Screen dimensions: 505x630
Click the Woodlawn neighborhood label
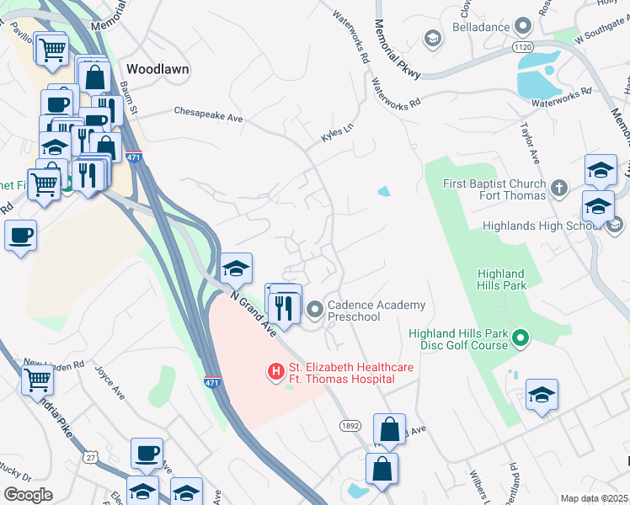(157, 68)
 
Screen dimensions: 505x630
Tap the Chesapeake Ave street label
(208, 114)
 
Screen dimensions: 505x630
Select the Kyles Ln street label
(334, 135)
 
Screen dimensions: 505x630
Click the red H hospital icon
(275, 371)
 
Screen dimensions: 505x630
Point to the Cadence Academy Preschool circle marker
(315, 311)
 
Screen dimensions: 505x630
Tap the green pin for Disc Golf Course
(521, 338)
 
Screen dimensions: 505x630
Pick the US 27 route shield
(91, 456)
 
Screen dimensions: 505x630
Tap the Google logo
(28, 495)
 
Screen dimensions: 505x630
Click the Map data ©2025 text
(593, 498)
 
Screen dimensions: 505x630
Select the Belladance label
(479, 27)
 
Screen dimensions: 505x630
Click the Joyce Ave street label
(109, 382)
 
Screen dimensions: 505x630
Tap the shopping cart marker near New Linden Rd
(37, 380)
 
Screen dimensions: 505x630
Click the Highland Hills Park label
(501, 279)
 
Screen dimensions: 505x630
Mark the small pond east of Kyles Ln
(384, 191)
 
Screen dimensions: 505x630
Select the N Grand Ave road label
(254, 312)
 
